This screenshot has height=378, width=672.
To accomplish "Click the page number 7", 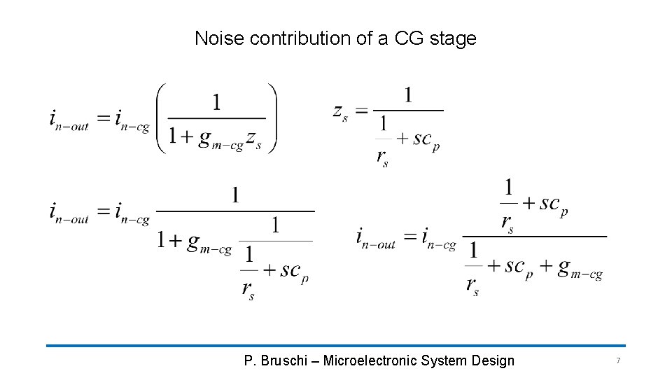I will pyautogui.click(x=618, y=360).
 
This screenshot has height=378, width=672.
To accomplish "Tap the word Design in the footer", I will pyautogui.click(x=493, y=361).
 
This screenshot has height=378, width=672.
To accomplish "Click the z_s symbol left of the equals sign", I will pyautogui.click(x=340, y=111).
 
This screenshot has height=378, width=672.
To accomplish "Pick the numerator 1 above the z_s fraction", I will pyautogui.click(x=407, y=95).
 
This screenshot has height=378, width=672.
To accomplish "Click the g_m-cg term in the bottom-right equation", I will pyautogui.click(x=580, y=269).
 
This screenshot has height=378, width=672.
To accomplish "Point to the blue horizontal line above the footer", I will pyautogui.click(x=336, y=345).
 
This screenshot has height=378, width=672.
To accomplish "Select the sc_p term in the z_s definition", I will pyautogui.click(x=426, y=139).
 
